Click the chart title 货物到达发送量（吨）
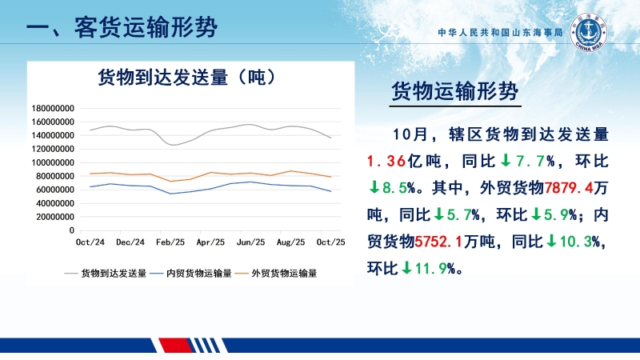(186, 78)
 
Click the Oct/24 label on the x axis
(90, 242)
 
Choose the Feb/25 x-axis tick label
(169, 242)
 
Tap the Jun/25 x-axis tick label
(251, 242)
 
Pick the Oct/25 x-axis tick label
(331, 242)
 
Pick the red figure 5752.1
(444, 241)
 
